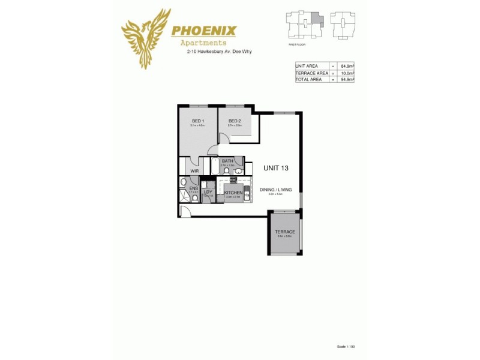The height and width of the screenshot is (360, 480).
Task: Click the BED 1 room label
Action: [x=197, y=121]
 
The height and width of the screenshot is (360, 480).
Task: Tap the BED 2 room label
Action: [x=235, y=121]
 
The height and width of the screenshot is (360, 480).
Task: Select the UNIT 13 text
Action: [x=276, y=168]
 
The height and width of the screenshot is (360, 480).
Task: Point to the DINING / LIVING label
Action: [x=275, y=190]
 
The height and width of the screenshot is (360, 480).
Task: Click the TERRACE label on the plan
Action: [x=285, y=232]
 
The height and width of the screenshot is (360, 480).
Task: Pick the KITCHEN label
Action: [x=233, y=193]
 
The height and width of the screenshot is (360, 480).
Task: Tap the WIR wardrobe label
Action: [x=194, y=171]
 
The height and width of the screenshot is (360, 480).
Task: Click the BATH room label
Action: [x=227, y=161]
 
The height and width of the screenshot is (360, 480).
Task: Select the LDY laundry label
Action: [x=208, y=192]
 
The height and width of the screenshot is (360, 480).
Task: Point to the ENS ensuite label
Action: [x=193, y=188]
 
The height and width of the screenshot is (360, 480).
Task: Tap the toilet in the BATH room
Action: [x=226, y=170]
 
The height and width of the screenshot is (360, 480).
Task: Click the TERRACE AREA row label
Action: [x=311, y=72]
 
